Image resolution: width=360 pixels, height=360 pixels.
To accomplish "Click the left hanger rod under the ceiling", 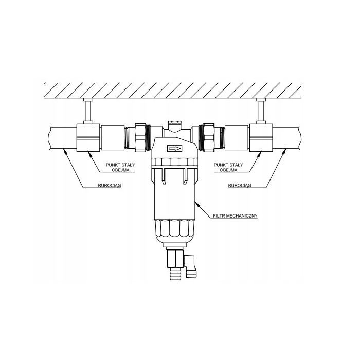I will [87, 111].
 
